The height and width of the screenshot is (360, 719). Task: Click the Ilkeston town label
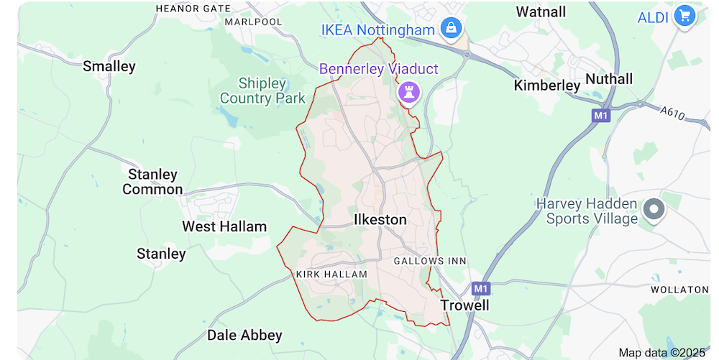(x=380, y=220)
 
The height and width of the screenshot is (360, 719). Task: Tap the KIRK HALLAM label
(x=331, y=274)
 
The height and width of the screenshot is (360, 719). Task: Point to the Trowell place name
(x=464, y=305)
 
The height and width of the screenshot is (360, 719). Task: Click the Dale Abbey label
(x=244, y=336)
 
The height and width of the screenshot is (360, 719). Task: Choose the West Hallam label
(x=224, y=227)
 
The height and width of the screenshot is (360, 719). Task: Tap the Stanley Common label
(x=152, y=182)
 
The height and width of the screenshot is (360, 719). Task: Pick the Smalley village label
(x=109, y=67)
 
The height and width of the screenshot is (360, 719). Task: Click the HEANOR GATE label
(x=193, y=9)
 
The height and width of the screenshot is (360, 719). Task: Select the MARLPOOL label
(x=254, y=22)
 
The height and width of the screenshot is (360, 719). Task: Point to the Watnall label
(x=541, y=12)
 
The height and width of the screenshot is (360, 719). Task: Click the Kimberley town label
(x=546, y=86)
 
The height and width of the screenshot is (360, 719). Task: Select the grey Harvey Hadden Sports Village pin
(x=654, y=210)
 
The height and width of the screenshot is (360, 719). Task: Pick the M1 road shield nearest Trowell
(x=481, y=288)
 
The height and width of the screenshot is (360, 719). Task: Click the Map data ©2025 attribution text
(x=662, y=352)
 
